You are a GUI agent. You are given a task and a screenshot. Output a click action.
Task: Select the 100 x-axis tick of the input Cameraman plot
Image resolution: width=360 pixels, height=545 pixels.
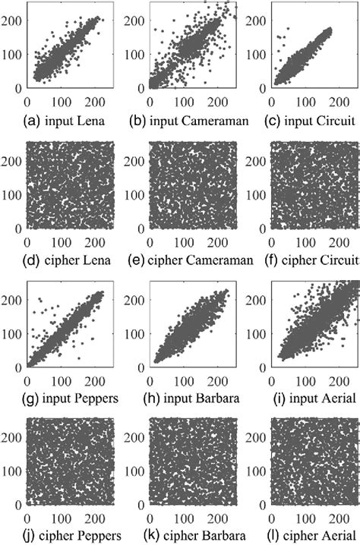[x=182, y=99]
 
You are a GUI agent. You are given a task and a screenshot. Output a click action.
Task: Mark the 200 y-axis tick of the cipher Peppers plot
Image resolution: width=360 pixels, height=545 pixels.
[x=12, y=440]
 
